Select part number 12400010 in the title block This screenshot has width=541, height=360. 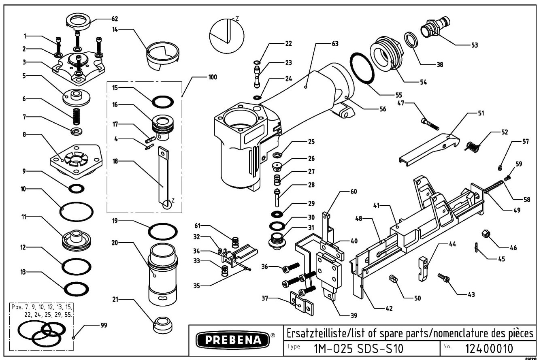click(x=489, y=348)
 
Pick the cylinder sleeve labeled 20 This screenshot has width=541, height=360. click(x=163, y=276)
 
